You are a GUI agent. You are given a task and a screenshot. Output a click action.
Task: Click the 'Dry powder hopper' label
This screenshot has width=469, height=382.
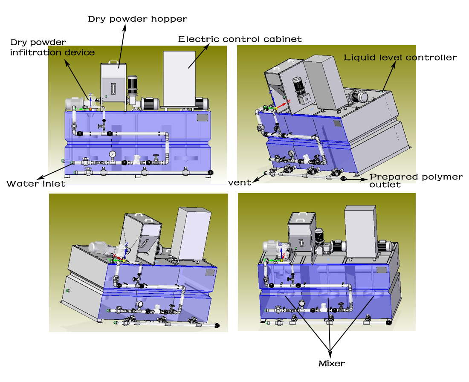pyautogui.click(x=137, y=19)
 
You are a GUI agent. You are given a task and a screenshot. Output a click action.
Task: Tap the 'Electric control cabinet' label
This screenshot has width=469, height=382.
pyautogui.click(x=240, y=39)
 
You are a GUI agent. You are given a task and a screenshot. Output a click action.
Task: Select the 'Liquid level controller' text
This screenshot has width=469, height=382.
pyautogui.click(x=400, y=58)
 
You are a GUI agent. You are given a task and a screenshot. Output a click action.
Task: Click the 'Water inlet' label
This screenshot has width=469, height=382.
pyautogui.click(x=36, y=184)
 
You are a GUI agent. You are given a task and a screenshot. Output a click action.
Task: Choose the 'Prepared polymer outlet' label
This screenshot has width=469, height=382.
pyautogui.click(x=416, y=180)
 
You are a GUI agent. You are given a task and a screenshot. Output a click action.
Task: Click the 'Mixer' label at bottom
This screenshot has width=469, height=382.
pyautogui.click(x=331, y=364)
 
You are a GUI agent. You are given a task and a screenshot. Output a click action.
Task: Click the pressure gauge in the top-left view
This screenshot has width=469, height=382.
pyautogui.click(x=112, y=154)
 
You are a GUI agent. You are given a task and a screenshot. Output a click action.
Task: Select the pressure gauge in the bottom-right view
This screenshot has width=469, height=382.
pyautogui.click(x=302, y=304)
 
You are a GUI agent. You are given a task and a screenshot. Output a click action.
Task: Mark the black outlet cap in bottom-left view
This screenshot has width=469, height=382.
pyautogui.click(x=217, y=326)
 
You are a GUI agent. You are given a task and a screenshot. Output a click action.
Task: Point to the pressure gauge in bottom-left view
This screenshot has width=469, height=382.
pyautogui.click(x=139, y=304)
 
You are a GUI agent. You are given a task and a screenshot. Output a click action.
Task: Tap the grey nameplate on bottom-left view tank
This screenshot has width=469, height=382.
pyautogui.click(x=209, y=272)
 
